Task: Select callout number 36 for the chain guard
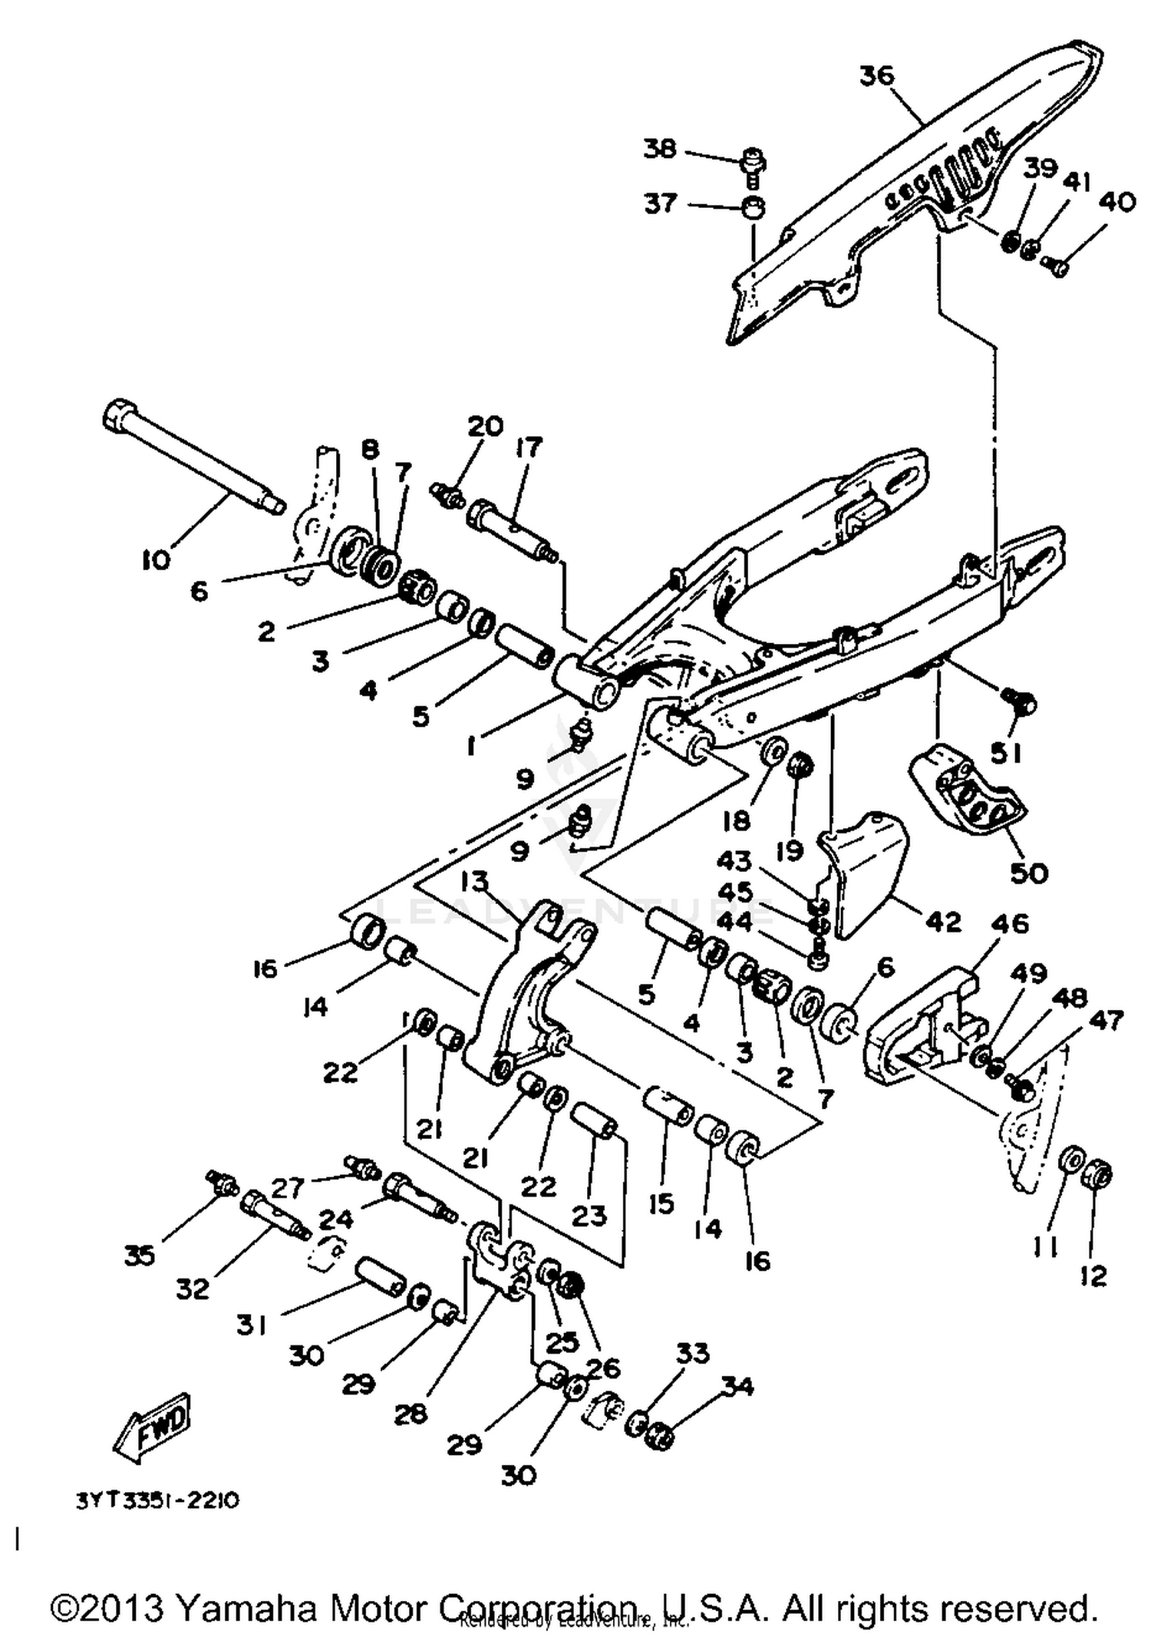877,75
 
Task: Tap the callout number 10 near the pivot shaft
156,561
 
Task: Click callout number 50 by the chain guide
1029,873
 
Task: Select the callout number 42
943,921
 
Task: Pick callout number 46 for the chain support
1010,923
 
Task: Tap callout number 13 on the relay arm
475,882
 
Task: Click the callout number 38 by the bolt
660,148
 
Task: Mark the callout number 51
1005,754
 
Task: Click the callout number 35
140,1256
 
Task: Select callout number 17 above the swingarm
529,447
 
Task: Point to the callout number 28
411,1413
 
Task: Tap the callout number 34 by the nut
737,1387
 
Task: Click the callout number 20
485,426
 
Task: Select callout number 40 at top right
1116,202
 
